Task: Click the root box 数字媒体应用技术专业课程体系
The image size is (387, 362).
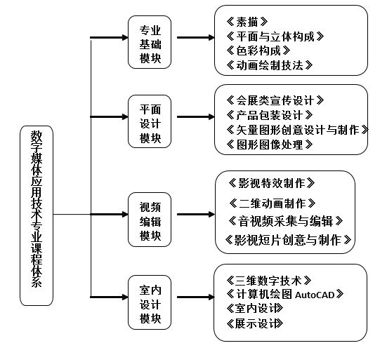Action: click(x=37, y=216)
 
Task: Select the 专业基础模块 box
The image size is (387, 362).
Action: click(x=150, y=42)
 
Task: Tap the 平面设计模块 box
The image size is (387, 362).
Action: click(x=150, y=121)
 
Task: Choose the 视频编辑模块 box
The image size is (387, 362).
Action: click(x=150, y=220)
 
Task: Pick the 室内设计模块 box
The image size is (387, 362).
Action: click(x=150, y=302)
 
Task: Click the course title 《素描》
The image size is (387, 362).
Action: click(x=247, y=22)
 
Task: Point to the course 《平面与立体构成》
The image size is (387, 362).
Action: click(x=275, y=36)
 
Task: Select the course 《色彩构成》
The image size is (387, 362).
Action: click(x=258, y=51)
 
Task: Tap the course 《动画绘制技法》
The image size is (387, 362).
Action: click(x=270, y=65)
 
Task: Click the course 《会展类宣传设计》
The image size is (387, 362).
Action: click(x=275, y=100)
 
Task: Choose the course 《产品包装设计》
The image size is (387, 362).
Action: click(x=270, y=115)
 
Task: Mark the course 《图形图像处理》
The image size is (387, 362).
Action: click(x=270, y=145)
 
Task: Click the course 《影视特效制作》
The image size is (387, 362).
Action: click(x=272, y=183)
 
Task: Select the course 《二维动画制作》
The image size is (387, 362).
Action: click(x=273, y=203)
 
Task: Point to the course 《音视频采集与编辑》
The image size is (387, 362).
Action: click(x=286, y=221)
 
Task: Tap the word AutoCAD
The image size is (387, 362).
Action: click(x=315, y=295)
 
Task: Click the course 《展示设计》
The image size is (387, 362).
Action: click(x=254, y=323)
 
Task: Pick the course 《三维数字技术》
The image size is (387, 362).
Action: click(x=269, y=281)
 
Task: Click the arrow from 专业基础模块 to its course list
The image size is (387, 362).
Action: click(x=196, y=37)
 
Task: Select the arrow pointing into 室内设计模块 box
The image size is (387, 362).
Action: click(x=109, y=297)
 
